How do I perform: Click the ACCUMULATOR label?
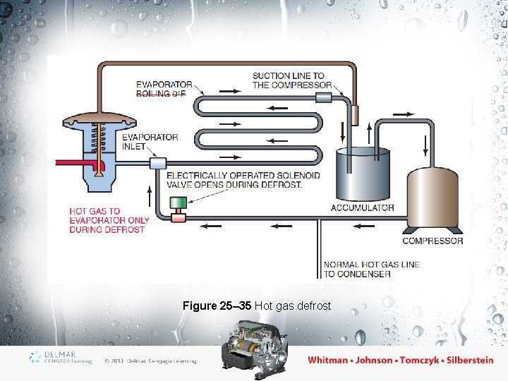coord(362,207)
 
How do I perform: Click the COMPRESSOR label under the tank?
coord(433,241)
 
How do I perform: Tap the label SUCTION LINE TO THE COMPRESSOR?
coord(291,80)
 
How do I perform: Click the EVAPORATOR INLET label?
coord(150,142)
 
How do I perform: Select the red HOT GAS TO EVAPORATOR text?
coord(109,219)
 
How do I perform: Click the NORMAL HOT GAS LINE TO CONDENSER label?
coord(371,269)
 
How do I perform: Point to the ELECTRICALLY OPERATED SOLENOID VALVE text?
coord(243,180)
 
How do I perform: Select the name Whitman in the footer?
coord(328,360)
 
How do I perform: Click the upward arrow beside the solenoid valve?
coord(150,191)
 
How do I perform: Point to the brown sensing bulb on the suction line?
coord(356,113)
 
